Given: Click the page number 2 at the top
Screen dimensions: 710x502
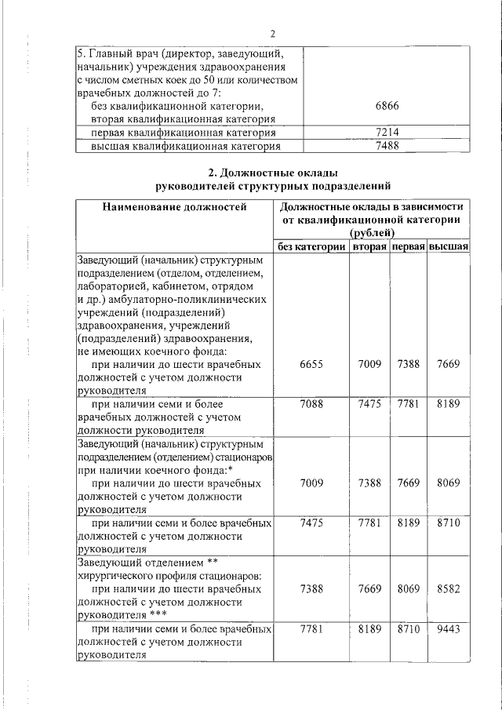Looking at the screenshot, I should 272,34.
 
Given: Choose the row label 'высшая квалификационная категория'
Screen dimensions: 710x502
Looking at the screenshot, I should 185,146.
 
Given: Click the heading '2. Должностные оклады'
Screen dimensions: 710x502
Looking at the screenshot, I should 271,172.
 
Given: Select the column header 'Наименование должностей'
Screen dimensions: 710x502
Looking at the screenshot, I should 173,207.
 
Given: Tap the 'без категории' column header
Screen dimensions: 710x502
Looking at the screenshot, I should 311,247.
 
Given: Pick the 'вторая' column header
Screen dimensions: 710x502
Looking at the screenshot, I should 369,247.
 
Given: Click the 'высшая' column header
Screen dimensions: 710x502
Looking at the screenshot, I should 449,247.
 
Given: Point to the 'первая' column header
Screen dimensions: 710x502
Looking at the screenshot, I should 409,247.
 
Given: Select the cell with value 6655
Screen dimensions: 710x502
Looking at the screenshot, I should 311,364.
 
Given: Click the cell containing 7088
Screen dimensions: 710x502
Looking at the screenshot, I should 311,403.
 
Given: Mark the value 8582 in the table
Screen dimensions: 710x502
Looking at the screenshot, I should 449,588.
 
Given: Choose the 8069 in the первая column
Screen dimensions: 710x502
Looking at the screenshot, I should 409,588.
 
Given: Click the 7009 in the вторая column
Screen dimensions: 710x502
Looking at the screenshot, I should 369,364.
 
